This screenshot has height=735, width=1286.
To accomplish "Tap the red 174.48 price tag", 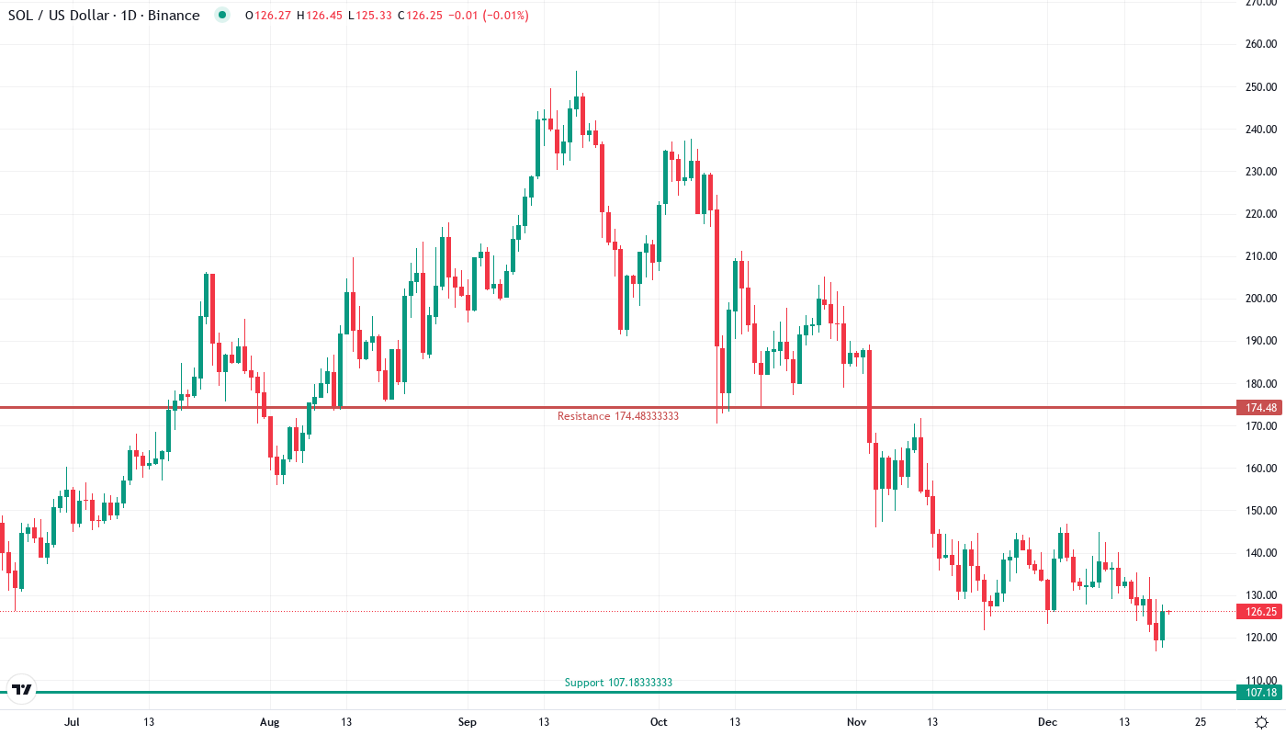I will point(1257,407).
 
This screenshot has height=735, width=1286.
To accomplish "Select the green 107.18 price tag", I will point(1257,693).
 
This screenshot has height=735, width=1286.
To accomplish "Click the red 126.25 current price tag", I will point(1257,612).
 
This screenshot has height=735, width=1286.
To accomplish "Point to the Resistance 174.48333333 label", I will point(617,416).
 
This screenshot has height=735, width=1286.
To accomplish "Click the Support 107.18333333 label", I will point(618,683).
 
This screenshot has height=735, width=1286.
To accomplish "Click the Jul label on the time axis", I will point(72,722).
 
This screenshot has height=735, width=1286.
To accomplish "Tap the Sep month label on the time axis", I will point(467,722).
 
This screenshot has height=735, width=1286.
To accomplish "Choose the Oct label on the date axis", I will point(659,722).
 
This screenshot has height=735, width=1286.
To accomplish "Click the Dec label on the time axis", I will point(1047,722).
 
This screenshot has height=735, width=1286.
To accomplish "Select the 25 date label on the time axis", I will point(1200,722).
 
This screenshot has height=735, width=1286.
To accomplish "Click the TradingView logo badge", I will point(22,690).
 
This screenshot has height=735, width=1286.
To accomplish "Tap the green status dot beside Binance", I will point(221,15).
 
